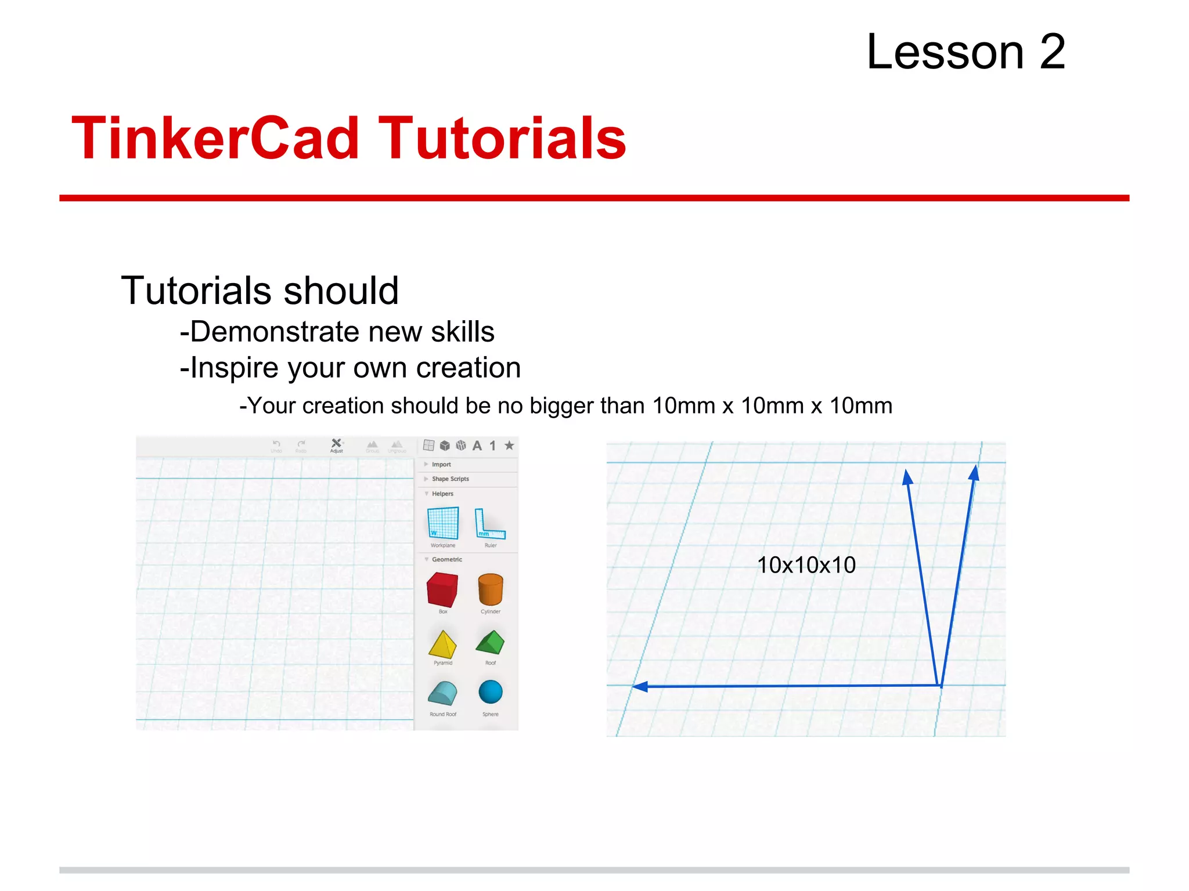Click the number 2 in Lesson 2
[1052, 52]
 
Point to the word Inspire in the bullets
[234, 368]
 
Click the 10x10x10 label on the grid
[806, 565]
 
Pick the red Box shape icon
[442, 589]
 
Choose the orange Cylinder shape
[491, 589]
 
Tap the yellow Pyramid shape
[442, 644]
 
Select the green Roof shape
[491, 642]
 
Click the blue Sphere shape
[491, 692]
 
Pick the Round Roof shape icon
[442, 693]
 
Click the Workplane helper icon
[443, 523]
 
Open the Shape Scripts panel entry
[450, 479]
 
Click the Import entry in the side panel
[441, 465]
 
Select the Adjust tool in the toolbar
[336, 445]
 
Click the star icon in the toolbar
[509, 445]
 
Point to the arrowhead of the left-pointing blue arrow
[639, 687]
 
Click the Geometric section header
[446, 560]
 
